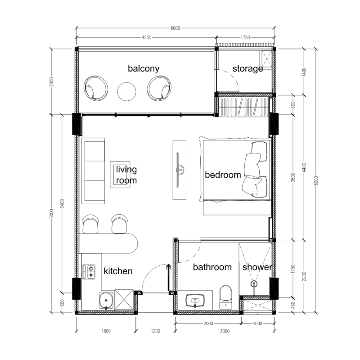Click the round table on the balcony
coord(126,91)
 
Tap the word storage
coord(247,69)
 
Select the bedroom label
coord(223,175)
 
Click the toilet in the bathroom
coord(226,297)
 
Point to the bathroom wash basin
coord(195,300)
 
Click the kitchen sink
coord(106,300)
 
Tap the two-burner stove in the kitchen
coord(89,272)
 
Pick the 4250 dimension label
coord(147,37)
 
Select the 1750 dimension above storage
coord(245,37)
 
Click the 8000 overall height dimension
coord(316,181)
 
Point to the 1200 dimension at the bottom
coord(155,331)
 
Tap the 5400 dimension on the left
coord(62,204)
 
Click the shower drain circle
coord(254,284)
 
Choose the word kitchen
coord(118,271)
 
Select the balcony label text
coord(144,69)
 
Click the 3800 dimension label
coord(293,177)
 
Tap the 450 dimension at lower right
coord(293,305)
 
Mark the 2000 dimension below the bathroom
coord(208,324)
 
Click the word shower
coord(257,267)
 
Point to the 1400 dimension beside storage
coord(304,72)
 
